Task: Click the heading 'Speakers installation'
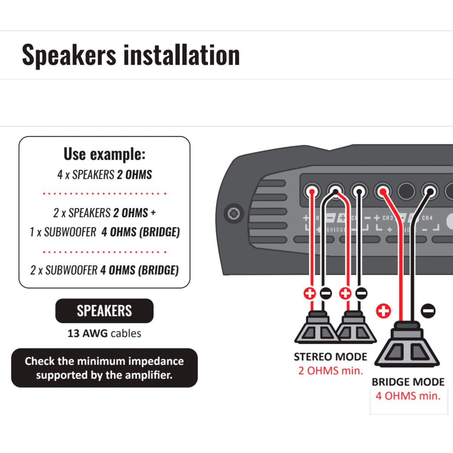[x=131, y=55]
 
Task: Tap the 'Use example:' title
[x=104, y=154]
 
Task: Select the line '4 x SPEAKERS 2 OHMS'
[x=105, y=175]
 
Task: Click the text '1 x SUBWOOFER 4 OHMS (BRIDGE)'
[x=105, y=232]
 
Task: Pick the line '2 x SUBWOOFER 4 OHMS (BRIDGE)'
[x=105, y=270]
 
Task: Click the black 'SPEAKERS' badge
[x=104, y=311]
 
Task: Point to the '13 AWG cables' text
[x=104, y=333]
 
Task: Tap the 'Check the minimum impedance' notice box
[x=104, y=368]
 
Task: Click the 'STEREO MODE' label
[x=330, y=357]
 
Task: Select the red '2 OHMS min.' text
[x=330, y=371]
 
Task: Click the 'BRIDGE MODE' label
[x=408, y=382]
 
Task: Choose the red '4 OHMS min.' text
[x=408, y=396]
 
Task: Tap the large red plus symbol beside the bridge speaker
[x=384, y=311]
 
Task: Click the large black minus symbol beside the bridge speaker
[x=428, y=311]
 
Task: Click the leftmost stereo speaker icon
[x=316, y=328]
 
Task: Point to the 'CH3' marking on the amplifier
[x=388, y=218]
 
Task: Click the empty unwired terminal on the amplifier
[x=406, y=191]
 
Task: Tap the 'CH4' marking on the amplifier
[x=427, y=218]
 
